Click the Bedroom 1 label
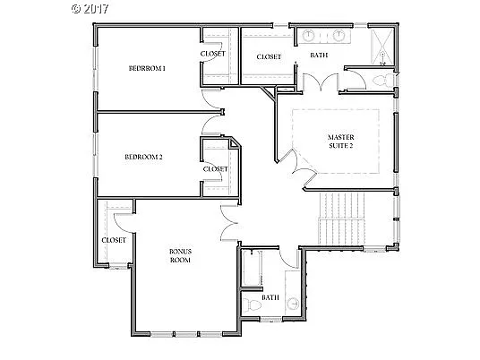tap(147, 68)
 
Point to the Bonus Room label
tap(182, 255)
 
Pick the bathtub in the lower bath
tap(249, 268)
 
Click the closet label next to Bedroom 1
tap(213, 54)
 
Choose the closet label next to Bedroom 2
tap(216, 168)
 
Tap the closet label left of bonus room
tap(114, 240)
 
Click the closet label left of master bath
tap(269, 56)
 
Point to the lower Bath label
tap(270, 297)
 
